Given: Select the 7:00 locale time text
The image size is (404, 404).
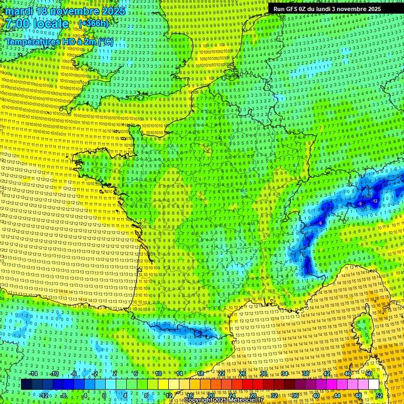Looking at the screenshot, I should point(37,24).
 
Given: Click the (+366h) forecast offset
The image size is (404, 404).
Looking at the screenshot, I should point(93,24).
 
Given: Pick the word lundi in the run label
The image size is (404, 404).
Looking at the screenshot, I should point(329,9).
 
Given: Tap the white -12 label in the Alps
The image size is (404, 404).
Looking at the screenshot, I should point(375,201).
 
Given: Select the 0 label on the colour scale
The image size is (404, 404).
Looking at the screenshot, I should point(104,395).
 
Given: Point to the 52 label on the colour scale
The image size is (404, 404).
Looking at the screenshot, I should point(379,395).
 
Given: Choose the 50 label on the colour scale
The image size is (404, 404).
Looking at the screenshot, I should point(369,373).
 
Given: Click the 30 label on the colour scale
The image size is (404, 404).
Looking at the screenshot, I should point(263,373).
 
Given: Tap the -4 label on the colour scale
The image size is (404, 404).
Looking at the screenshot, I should point(84,395).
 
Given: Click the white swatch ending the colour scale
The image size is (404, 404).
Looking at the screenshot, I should point(373,385).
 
